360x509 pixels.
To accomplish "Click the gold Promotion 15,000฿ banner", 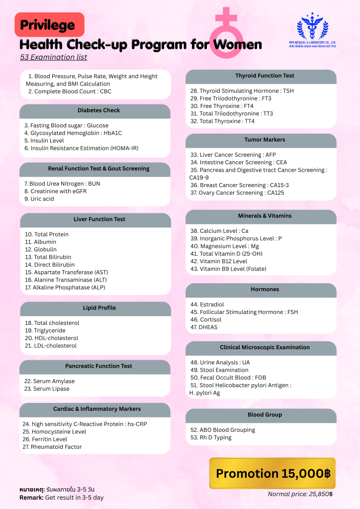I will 272,473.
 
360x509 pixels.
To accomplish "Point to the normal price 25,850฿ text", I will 300,494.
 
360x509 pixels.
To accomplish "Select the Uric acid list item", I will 39,199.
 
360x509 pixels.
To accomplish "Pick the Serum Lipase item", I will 47,389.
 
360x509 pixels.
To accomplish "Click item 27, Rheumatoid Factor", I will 52,447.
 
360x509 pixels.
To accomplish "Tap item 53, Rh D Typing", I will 211,438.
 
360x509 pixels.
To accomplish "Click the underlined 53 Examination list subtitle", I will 54,57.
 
